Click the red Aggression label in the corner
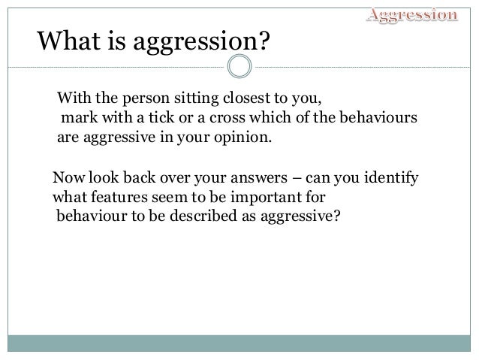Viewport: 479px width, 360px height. pos(411,14)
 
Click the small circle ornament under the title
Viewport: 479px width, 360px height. pos(239,68)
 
